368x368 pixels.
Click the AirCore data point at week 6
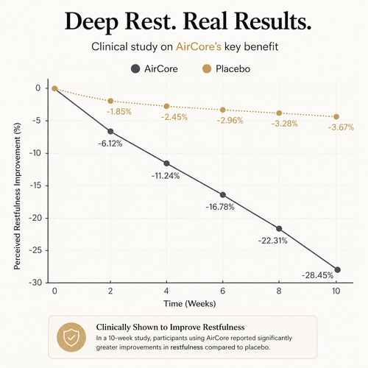coord(223,195)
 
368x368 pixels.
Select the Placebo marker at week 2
coord(110,101)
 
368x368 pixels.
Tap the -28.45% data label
coord(317,275)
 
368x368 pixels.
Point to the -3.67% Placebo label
coord(341,127)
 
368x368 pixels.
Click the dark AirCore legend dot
coord(135,69)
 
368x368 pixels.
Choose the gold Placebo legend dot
coord(207,69)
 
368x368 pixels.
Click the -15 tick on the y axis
coord(35,185)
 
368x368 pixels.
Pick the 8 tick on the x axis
coord(279,291)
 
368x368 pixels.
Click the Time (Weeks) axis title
coord(190,304)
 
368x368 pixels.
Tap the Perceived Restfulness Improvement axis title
coord(17,196)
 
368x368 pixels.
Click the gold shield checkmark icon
coord(71,337)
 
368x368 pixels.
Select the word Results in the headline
coord(273,21)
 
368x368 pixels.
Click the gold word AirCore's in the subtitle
coord(199,46)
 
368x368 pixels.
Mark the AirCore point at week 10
coord(338,270)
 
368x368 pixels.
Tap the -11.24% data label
coord(166,176)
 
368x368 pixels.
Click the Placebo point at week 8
coord(279,113)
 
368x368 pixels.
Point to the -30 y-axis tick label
coord(35,283)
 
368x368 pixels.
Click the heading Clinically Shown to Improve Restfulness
coord(170,328)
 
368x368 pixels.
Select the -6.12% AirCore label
coord(110,144)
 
